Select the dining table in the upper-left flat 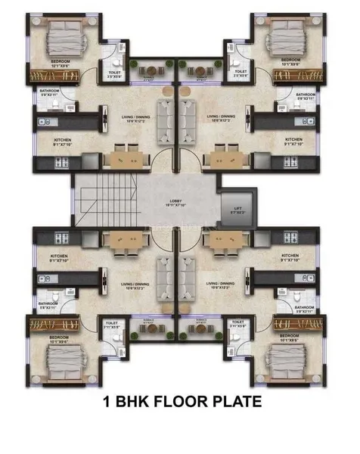pyautogui.click(x=126, y=157)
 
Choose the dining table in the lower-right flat pyautogui.click(x=224, y=241)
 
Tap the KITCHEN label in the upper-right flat pyautogui.click(x=293, y=139)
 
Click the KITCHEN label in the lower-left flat pyautogui.click(x=61, y=257)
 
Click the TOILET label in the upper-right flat pyautogui.click(x=242, y=74)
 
